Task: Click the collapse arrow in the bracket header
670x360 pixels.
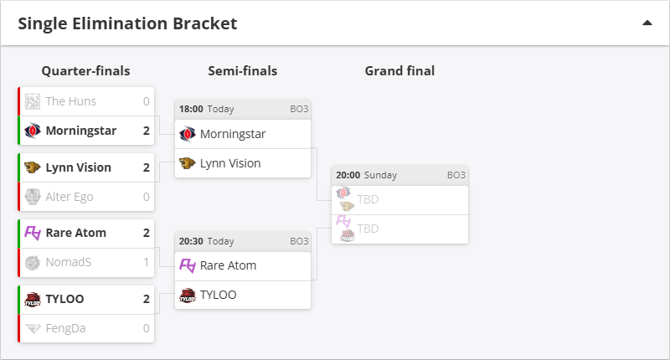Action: (647, 23)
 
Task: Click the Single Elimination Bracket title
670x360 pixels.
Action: (127, 23)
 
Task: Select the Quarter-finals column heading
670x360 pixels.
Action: (85, 71)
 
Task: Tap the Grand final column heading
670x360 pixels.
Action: (399, 71)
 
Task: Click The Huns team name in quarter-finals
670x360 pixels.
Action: (70, 101)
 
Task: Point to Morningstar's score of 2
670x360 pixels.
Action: (146, 131)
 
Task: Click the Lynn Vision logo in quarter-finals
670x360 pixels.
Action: (33, 167)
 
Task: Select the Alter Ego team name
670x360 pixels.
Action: (70, 197)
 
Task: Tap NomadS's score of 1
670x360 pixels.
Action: (146, 262)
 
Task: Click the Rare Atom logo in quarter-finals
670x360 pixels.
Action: (33, 233)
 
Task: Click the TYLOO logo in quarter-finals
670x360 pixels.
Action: (33, 299)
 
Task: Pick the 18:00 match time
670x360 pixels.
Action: (190, 109)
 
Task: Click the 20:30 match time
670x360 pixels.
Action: (190, 241)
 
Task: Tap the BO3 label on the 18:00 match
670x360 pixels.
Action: (299, 109)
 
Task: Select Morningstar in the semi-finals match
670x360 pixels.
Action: (232, 134)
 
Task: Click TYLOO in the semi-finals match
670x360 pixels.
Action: (218, 295)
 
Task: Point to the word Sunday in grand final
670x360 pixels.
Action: (380, 175)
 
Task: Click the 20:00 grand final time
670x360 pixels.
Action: (348, 175)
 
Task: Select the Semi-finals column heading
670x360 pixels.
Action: (243, 71)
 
